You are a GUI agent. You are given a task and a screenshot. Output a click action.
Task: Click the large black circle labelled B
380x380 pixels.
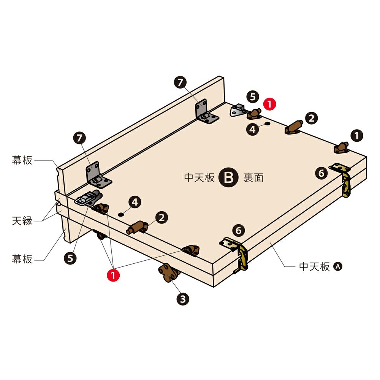click(228, 177)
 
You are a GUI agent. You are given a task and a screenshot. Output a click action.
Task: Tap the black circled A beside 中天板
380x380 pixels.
click(338, 266)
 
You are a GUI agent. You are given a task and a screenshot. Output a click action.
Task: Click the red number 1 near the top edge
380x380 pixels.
click(269, 104)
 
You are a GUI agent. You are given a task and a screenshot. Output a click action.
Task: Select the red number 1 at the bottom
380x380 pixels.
click(113, 275)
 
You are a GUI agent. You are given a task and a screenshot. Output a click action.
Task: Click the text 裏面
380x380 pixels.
click(253, 177)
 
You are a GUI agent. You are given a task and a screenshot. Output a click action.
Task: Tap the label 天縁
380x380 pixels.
click(22, 221)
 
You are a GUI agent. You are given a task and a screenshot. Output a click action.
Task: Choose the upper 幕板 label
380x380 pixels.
click(22, 160)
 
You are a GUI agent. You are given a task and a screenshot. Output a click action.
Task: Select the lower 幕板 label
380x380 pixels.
click(22, 259)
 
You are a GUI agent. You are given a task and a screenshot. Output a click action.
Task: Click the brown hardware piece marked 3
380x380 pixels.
click(169, 272)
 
